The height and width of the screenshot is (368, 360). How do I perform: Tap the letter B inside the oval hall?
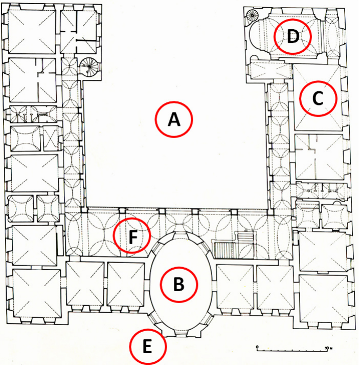[179, 284]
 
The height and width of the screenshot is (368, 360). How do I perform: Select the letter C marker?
[318, 99]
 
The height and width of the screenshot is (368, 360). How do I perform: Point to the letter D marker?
[292, 37]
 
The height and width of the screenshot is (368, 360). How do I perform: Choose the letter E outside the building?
[147, 347]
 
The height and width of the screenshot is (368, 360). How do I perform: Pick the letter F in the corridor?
[132, 236]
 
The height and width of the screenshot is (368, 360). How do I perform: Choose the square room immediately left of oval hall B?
[126, 285]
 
